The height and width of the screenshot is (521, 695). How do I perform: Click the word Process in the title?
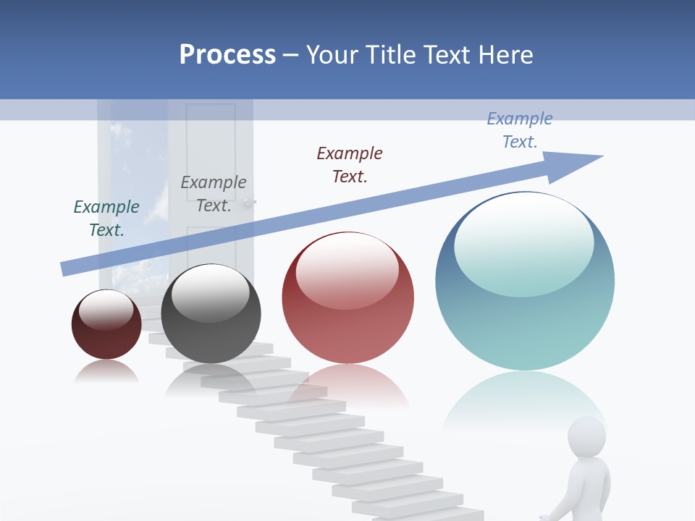[x=227, y=55]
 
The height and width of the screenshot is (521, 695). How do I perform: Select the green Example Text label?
[x=106, y=219]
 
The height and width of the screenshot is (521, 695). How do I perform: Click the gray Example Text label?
[x=214, y=194]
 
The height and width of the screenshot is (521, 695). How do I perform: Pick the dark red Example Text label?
[x=350, y=165]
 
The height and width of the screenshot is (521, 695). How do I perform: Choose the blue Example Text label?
[x=520, y=130]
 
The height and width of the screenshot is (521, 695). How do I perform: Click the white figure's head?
[x=586, y=436]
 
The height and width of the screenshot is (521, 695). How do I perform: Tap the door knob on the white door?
[x=250, y=203]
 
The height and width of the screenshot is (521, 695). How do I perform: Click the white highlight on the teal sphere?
[x=524, y=242]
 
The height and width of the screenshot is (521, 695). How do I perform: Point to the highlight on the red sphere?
[x=347, y=269]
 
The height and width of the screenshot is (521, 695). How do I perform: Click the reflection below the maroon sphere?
[x=106, y=371]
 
